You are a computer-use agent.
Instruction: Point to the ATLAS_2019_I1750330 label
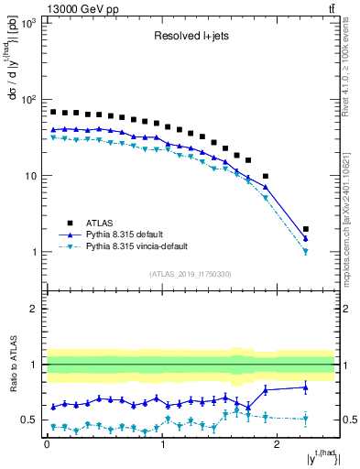191,274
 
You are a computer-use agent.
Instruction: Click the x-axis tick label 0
47,451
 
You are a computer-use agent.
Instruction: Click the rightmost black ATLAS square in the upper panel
306,229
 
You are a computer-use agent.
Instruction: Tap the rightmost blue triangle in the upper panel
306,238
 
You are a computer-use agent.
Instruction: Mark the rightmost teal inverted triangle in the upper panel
306,251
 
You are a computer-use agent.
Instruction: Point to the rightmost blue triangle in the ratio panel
306,387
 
